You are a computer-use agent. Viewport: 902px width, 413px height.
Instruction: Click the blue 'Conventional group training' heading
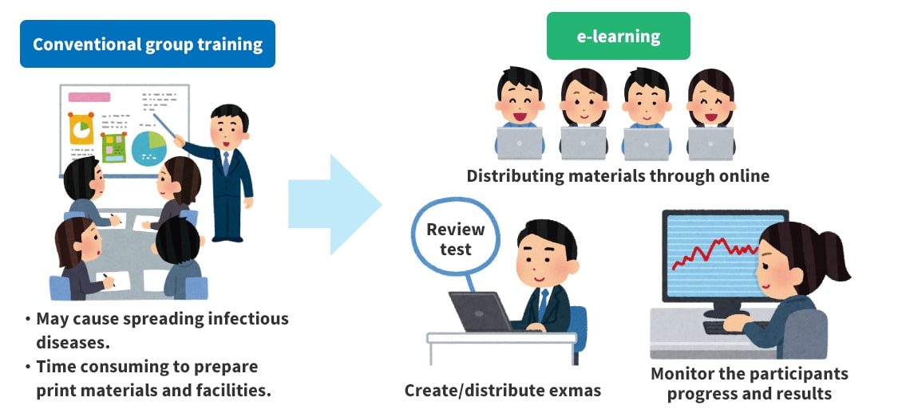[x=148, y=44]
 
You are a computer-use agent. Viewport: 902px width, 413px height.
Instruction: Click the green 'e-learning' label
[x=619, y=36]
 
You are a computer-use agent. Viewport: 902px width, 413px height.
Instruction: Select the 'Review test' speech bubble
[x=455, y=239]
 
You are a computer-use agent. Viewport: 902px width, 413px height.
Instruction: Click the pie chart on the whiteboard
[x=148, y=148]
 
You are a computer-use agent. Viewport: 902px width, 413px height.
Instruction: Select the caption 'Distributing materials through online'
[x=618, y=176]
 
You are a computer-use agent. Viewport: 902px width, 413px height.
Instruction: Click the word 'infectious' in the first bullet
[x=247, y=319]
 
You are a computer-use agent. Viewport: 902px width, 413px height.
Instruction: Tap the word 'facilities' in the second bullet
[x=231, y=391]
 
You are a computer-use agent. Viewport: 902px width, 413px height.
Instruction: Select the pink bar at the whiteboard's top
[x=89, y=97]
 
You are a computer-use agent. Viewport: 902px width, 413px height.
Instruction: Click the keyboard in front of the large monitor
[x=730, y=327]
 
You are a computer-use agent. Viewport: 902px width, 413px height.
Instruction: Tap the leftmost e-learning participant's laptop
[x=519, y=144]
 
